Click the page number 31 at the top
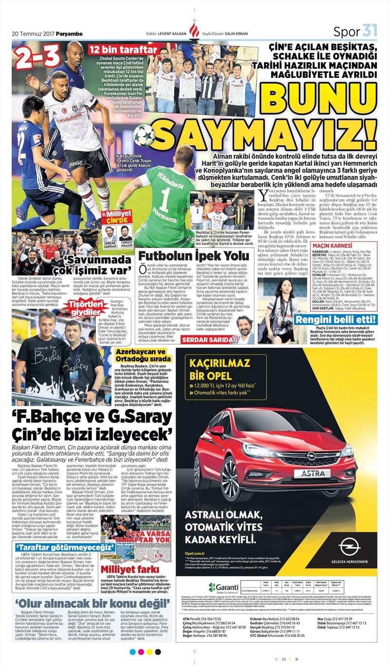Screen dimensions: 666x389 coord(370,31)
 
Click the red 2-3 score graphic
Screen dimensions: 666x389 coord(37,58)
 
